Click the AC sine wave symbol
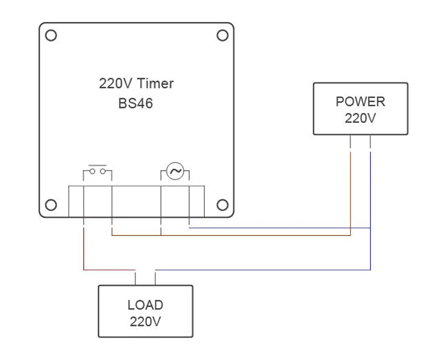175,171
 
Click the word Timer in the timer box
155,83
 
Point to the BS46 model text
135,103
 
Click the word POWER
360,101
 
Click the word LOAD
145,305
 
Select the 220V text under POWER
360,118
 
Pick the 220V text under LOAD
145,322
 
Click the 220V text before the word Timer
116,83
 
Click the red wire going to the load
84,269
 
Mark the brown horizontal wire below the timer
231,235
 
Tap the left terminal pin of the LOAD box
135,279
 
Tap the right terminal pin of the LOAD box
155,279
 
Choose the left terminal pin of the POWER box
350,141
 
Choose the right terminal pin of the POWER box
370,141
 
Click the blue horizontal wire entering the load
263,269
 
